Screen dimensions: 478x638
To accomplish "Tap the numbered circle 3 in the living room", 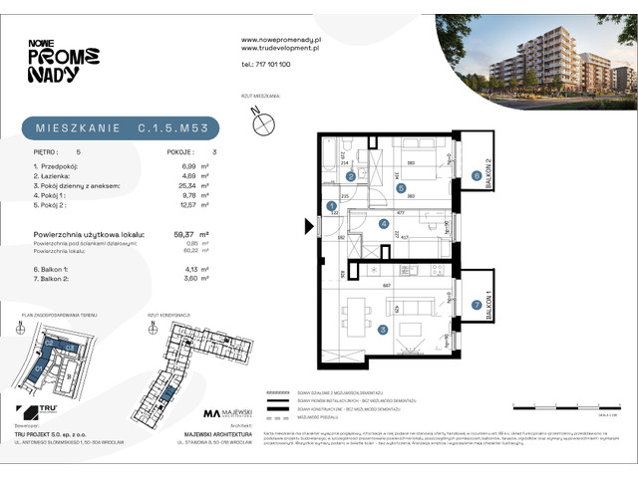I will [x=355, y=331].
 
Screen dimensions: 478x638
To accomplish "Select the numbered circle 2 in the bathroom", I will [x=350, y=176].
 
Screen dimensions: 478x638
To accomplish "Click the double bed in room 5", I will [x=409, y=161].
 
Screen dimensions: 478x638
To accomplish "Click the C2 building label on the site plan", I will [x=47, y=343].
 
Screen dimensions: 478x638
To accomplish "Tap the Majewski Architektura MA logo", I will [x=212, y=413].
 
